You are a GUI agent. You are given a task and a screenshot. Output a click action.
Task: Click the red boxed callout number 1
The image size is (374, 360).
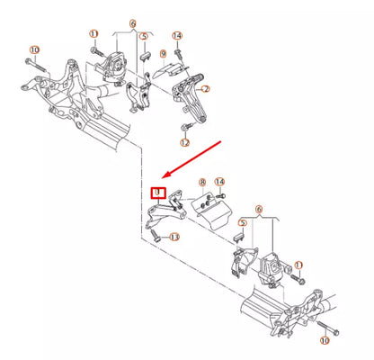click(x=158, y=192)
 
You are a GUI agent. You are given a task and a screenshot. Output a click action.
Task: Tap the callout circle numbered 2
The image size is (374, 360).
click(x=205, y=90)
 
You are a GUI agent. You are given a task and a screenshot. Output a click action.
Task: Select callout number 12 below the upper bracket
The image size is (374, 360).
click(x=184, y=142)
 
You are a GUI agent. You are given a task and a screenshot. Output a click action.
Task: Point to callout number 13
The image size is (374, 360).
click(x=174, y=237)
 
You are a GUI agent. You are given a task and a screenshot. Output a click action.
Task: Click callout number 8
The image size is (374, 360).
click(x=202, y=183)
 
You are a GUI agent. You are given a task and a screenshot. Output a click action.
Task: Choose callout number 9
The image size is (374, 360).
click(x=163, y=54)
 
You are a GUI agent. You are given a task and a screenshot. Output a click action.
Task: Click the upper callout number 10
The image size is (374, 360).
click(x=35, y=49)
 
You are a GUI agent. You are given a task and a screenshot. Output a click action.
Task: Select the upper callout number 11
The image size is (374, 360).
click(x=93, y=35)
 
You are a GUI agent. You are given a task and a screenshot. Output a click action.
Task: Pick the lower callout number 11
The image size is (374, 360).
click(x=299, y=265)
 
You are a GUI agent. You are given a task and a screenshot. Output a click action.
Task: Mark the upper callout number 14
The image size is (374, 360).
click(x=177, y=36)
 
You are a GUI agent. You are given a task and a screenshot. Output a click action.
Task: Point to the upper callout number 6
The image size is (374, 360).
click(x=132, y=23)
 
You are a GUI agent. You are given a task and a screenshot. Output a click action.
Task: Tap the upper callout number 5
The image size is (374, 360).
click(x=144, y=38)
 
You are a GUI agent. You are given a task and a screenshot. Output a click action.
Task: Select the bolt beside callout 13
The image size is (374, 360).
click(x=156, y=238)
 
